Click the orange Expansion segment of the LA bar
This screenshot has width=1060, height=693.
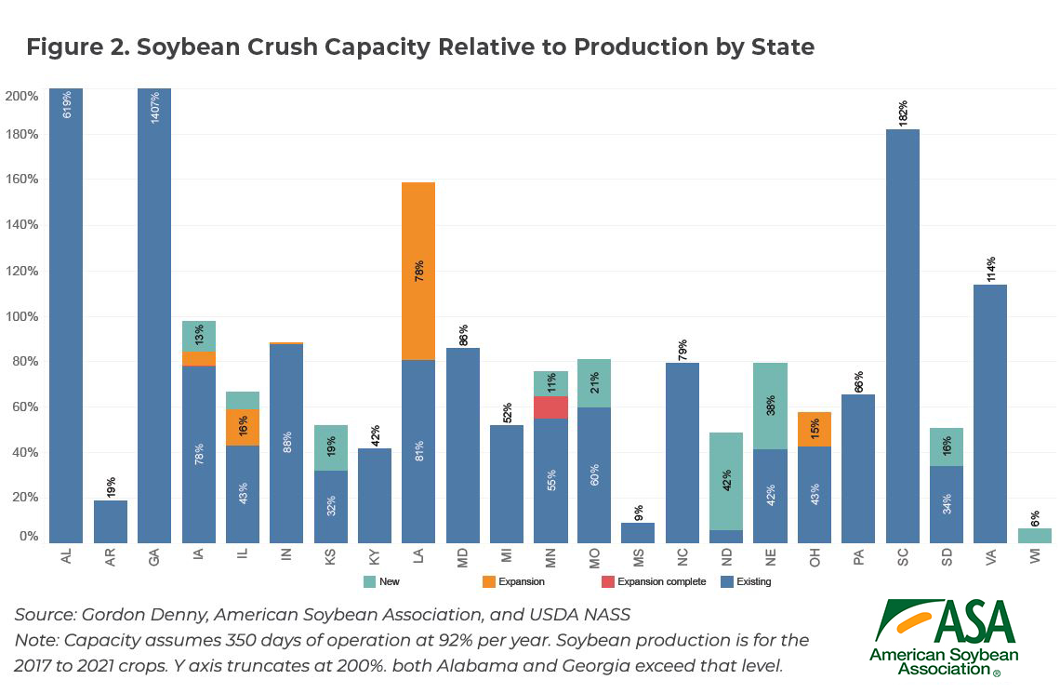418,271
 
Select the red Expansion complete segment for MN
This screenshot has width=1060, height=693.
550,407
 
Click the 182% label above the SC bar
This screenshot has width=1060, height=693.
903,111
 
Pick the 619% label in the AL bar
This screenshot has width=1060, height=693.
66,104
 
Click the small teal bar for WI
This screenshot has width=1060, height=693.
1035,536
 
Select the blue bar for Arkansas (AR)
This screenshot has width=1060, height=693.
111,522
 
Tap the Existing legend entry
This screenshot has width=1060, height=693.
749,581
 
